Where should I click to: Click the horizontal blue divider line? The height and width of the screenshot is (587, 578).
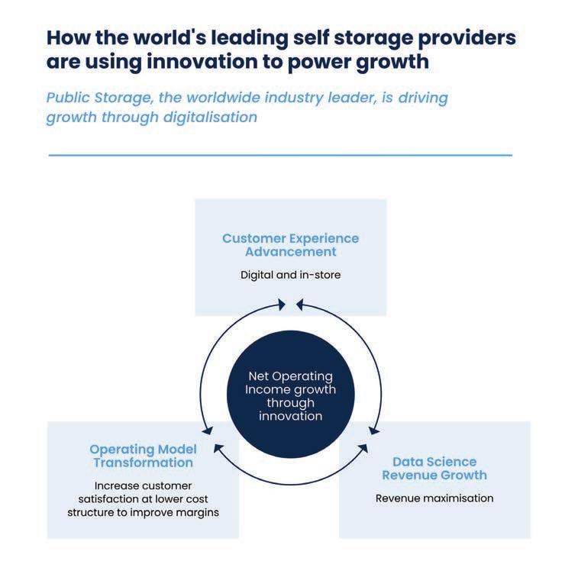pyautogui.click(x=280, y=155)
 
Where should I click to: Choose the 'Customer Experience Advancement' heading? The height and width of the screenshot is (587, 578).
pyautogui.click(x=290, y=244)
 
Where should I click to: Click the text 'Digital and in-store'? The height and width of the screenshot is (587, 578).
pyautogui.click(x=290, y=274)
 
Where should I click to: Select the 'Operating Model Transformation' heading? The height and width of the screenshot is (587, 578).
pyautogui.click(x=143, y=455)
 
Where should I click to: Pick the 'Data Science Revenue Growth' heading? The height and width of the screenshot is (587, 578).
pyautogui.click(x=434, y=468)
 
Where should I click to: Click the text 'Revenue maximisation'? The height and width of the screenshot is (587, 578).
pyautogui.click(x=434, y=498)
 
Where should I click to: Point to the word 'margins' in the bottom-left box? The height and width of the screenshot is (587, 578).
pyautogui.click(x=199, y=512)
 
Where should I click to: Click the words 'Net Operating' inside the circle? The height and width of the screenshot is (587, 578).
pyautogui.click(x=290, y=376)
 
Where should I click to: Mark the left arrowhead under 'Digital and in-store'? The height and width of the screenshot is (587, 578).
pyautogui.click(x=283, y=305)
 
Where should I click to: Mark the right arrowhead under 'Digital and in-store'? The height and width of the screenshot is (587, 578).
pyautogui.click(x=299, y=305)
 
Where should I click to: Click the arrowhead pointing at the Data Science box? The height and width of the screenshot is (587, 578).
pyautogui.click(x=374, y=431)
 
